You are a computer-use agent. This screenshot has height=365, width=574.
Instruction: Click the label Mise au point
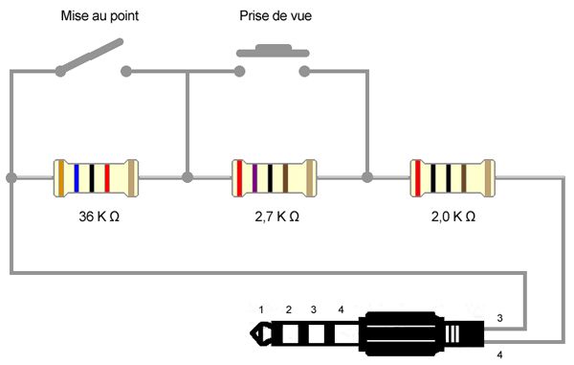coord(99,16)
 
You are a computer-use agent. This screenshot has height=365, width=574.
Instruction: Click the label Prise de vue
coord(276,15)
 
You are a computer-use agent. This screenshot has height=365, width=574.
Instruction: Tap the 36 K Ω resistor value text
coord(99,217)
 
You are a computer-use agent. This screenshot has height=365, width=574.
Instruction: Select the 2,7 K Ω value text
coord(276,217)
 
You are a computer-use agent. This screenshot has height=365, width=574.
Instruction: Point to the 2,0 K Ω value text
coord(453,217)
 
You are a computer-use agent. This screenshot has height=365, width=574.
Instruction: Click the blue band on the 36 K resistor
coord(77,178)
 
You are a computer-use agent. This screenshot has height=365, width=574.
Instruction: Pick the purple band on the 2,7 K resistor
coord(254,178)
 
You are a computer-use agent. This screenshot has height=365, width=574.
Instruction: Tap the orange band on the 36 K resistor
coord(61,178)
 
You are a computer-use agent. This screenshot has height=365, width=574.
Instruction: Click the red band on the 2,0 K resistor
coord(417,178)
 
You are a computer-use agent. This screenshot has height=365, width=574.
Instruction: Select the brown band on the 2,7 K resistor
coord(285,178)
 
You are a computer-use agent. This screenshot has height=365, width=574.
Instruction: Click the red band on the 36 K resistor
coord(107,178)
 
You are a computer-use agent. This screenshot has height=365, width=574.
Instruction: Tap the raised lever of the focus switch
coord(89,57)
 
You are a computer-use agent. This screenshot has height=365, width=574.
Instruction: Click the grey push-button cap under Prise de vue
coord(273,51)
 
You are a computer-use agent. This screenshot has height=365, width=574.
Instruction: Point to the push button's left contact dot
coord(239,71)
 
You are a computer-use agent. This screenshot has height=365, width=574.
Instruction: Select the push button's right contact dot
coord(304,71)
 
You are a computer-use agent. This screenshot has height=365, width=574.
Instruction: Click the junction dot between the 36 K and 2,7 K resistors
coord(188,178)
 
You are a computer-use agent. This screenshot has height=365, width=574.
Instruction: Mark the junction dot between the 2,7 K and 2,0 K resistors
coord(367,177)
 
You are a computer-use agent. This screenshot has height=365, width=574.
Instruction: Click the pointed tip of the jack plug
coord(251,333)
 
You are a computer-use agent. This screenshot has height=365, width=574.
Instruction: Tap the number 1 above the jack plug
coord(261,310)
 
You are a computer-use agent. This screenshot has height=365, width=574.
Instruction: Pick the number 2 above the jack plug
coord(289,310)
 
